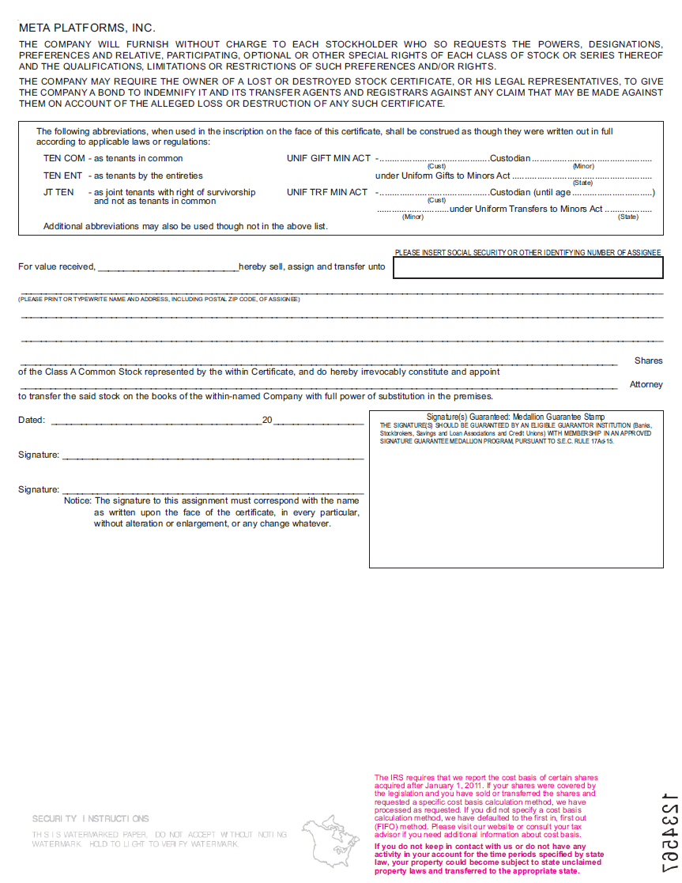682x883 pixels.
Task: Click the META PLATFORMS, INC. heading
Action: click(x=87, y=28)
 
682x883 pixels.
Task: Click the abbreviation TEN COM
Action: click(x=64, y=158)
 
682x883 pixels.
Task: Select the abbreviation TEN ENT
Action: click(x=62, y=175)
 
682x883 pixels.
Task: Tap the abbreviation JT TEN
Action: click(x=58, y=192)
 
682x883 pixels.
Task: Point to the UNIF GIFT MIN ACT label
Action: click(x=328, y=158)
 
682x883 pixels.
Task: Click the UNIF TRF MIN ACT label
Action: click(x=327, y=192)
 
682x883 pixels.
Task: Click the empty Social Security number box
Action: click(x=528, y=269)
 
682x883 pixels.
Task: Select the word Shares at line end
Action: click(x=648, y=360)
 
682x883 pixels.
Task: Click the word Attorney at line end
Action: click(x=646, y=384)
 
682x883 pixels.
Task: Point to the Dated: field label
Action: click(x=32, y=420)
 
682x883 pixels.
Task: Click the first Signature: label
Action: click(x=39, y=455)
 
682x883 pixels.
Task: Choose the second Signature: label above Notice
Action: click(x=39, y=489)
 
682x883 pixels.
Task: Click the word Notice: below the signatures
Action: click(x=77, y=500)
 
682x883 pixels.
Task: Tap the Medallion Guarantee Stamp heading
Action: click(x=515, y=417)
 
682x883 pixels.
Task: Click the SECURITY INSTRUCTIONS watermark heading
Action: click(x=90, y=818)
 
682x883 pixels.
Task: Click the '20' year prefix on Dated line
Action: click(x=267, y=420)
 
